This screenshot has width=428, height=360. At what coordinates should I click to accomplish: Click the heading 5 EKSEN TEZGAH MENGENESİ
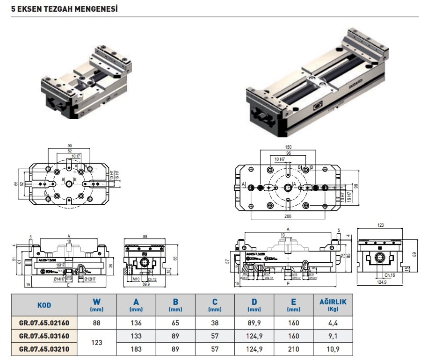[64, 9]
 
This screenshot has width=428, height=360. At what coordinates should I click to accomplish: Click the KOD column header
[44, 305]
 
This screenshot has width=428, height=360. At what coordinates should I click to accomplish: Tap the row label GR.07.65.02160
[44, 323]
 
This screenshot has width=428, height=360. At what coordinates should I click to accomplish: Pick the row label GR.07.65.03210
[44, 349]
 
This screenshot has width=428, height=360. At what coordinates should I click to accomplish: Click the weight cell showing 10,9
[333, 349]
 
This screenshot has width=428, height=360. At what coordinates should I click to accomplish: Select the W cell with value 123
[97, 343]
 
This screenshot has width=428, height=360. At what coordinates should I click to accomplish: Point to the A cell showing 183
[136, 349]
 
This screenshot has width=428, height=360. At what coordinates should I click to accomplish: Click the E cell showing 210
[294, 349]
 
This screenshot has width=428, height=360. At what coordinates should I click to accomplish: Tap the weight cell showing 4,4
[333, 323]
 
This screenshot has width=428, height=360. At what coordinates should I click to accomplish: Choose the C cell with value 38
[215, 323]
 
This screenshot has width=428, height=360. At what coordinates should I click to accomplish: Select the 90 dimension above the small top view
[70, 146]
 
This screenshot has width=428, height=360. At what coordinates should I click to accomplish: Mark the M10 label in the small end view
[136, 280]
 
